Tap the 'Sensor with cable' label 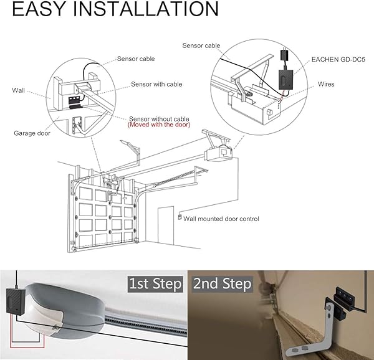point(156,84)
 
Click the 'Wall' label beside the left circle point(19,90)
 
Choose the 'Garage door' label point(32,133)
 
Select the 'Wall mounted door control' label point(221,219)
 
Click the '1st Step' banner point(155,285)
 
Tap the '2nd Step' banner point(222,285)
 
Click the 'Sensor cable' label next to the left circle point(136,59)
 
